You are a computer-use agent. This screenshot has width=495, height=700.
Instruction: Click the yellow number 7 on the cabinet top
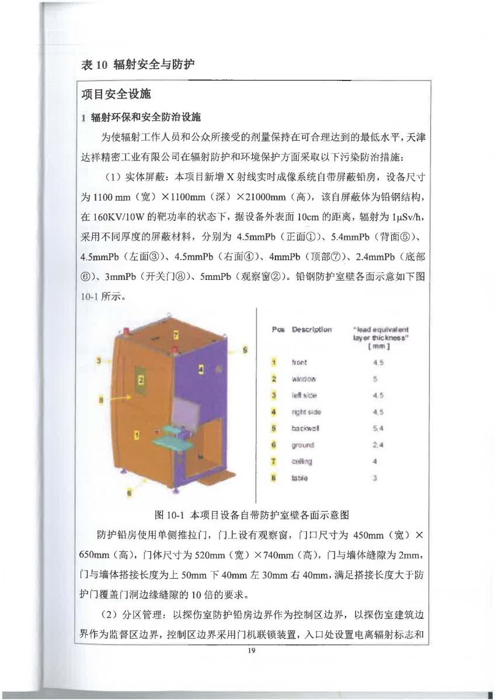[176, 335]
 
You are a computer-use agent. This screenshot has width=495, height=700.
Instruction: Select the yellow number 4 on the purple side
[200, 369]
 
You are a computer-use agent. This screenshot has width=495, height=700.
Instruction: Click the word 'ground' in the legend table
[302, 445]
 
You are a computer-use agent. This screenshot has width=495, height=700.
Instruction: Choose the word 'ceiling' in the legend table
[302, 462]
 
